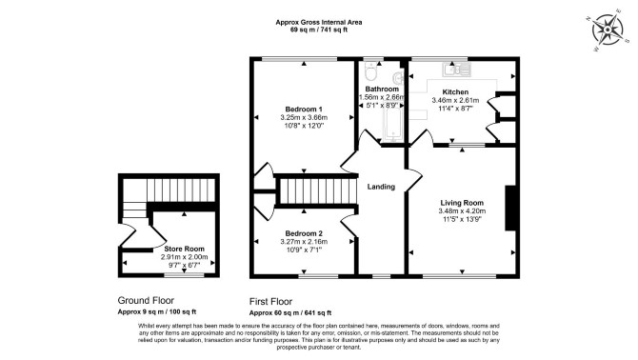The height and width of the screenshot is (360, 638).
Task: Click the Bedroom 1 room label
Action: pyautogui.click(x=304, y=109)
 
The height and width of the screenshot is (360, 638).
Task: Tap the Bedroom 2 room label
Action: pyautogui.click(x=304, y=233)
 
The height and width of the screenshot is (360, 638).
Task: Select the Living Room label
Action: pyautogui.click(x=462, y=203)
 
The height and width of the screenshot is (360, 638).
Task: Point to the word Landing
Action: pyautogui.click(x=381, y=187)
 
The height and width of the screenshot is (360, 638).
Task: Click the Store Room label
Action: pyautogui.click(x=184, y=249)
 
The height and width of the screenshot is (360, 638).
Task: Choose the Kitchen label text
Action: pyautogui.click(x=455, y=92)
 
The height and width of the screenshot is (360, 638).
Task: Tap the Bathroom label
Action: pyautogui.click(x=382, y=90)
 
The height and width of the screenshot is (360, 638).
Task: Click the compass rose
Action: pyautogui.click(x=608, y=30)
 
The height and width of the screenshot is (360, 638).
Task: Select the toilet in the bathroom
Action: pyautogui.click(x=370, y=71)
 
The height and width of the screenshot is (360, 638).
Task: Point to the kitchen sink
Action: pyautogui.click(x=456, y=70)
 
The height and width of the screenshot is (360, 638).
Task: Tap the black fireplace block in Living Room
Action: pyautogui.click(x=510, y=209)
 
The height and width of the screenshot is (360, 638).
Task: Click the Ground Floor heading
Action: pyautogui.click(x=146, y=301)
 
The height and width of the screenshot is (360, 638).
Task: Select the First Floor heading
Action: pyautogui.click(x=270, y=302)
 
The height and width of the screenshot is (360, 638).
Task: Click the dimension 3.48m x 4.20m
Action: pyautogui.click(x=462, y=211)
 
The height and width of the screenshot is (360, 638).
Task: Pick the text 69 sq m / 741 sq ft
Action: pyautogui.click(x=319, y=30)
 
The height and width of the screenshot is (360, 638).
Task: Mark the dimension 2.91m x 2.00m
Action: pyautogui.click(x=184, y=257)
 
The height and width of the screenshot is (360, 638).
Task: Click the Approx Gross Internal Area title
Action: pyautogui.click(x=319, y=22)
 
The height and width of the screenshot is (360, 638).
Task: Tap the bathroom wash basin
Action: pyautogui.click(x=399, y=77)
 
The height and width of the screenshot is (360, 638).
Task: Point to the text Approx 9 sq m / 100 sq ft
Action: pyautogui.click(x=157, y=312)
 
